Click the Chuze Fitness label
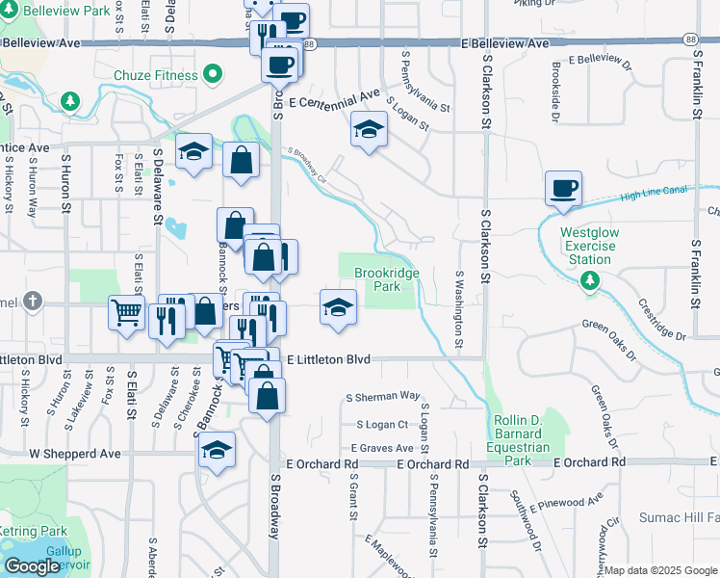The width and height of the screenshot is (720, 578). [x=168, y=75]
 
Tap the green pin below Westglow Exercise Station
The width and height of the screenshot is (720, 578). [x=589, y=281]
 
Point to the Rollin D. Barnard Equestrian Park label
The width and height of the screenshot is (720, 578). [x=519, y=440]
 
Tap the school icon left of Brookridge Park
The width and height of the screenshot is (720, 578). [x=337, y=308]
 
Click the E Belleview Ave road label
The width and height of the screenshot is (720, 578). [x=505, y=44]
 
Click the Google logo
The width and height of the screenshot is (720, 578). [x=32, y=567]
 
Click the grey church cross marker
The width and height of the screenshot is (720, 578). [x=35, y=302]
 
